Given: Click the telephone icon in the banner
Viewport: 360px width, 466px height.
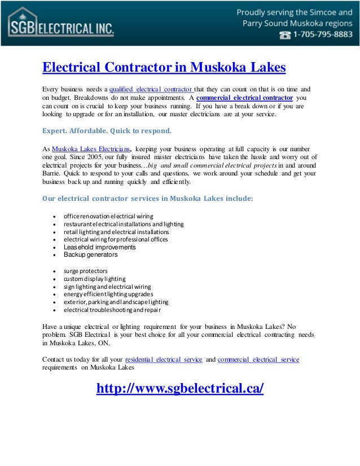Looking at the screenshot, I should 286,34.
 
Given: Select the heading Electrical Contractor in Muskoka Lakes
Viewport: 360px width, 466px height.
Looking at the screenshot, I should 164,68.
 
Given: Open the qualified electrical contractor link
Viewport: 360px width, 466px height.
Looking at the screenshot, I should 151,89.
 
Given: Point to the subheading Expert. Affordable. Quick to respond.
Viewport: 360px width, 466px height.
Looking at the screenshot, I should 107,130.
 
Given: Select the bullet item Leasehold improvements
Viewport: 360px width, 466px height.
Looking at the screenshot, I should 99,247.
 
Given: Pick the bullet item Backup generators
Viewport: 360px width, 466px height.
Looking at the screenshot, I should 90,255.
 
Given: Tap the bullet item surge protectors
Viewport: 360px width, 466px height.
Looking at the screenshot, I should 85,271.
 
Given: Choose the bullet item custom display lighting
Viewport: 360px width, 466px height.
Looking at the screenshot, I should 94,279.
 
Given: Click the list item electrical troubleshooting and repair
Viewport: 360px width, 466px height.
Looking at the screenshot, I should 112,310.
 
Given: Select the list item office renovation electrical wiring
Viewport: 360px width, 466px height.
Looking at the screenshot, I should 108,216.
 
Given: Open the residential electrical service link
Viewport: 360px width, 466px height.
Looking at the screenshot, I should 164,359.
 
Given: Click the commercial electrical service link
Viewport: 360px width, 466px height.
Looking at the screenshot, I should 258,359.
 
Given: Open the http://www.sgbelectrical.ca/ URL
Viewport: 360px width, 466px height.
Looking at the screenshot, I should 180,389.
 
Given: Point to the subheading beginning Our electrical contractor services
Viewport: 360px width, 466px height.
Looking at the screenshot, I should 148,199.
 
